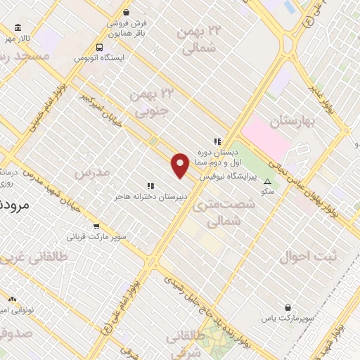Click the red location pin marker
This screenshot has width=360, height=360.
point(181,165)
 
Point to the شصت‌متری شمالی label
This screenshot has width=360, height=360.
point(231,211)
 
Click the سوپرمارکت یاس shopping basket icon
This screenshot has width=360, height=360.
point(289,307)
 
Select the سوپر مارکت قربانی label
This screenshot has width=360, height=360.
point(97,237)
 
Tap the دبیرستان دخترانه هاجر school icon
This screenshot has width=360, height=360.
point(150,186)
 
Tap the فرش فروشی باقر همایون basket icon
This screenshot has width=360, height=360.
point(126,13)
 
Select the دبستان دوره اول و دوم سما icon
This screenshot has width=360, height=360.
point(217,141)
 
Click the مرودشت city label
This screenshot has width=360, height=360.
point(13,206)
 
